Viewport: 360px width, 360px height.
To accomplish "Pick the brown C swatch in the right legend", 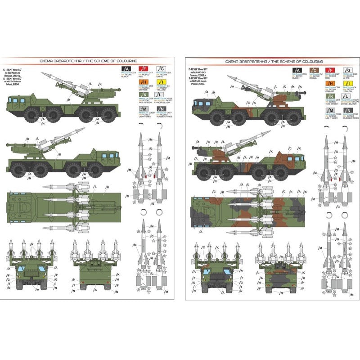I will coord(315,70).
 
